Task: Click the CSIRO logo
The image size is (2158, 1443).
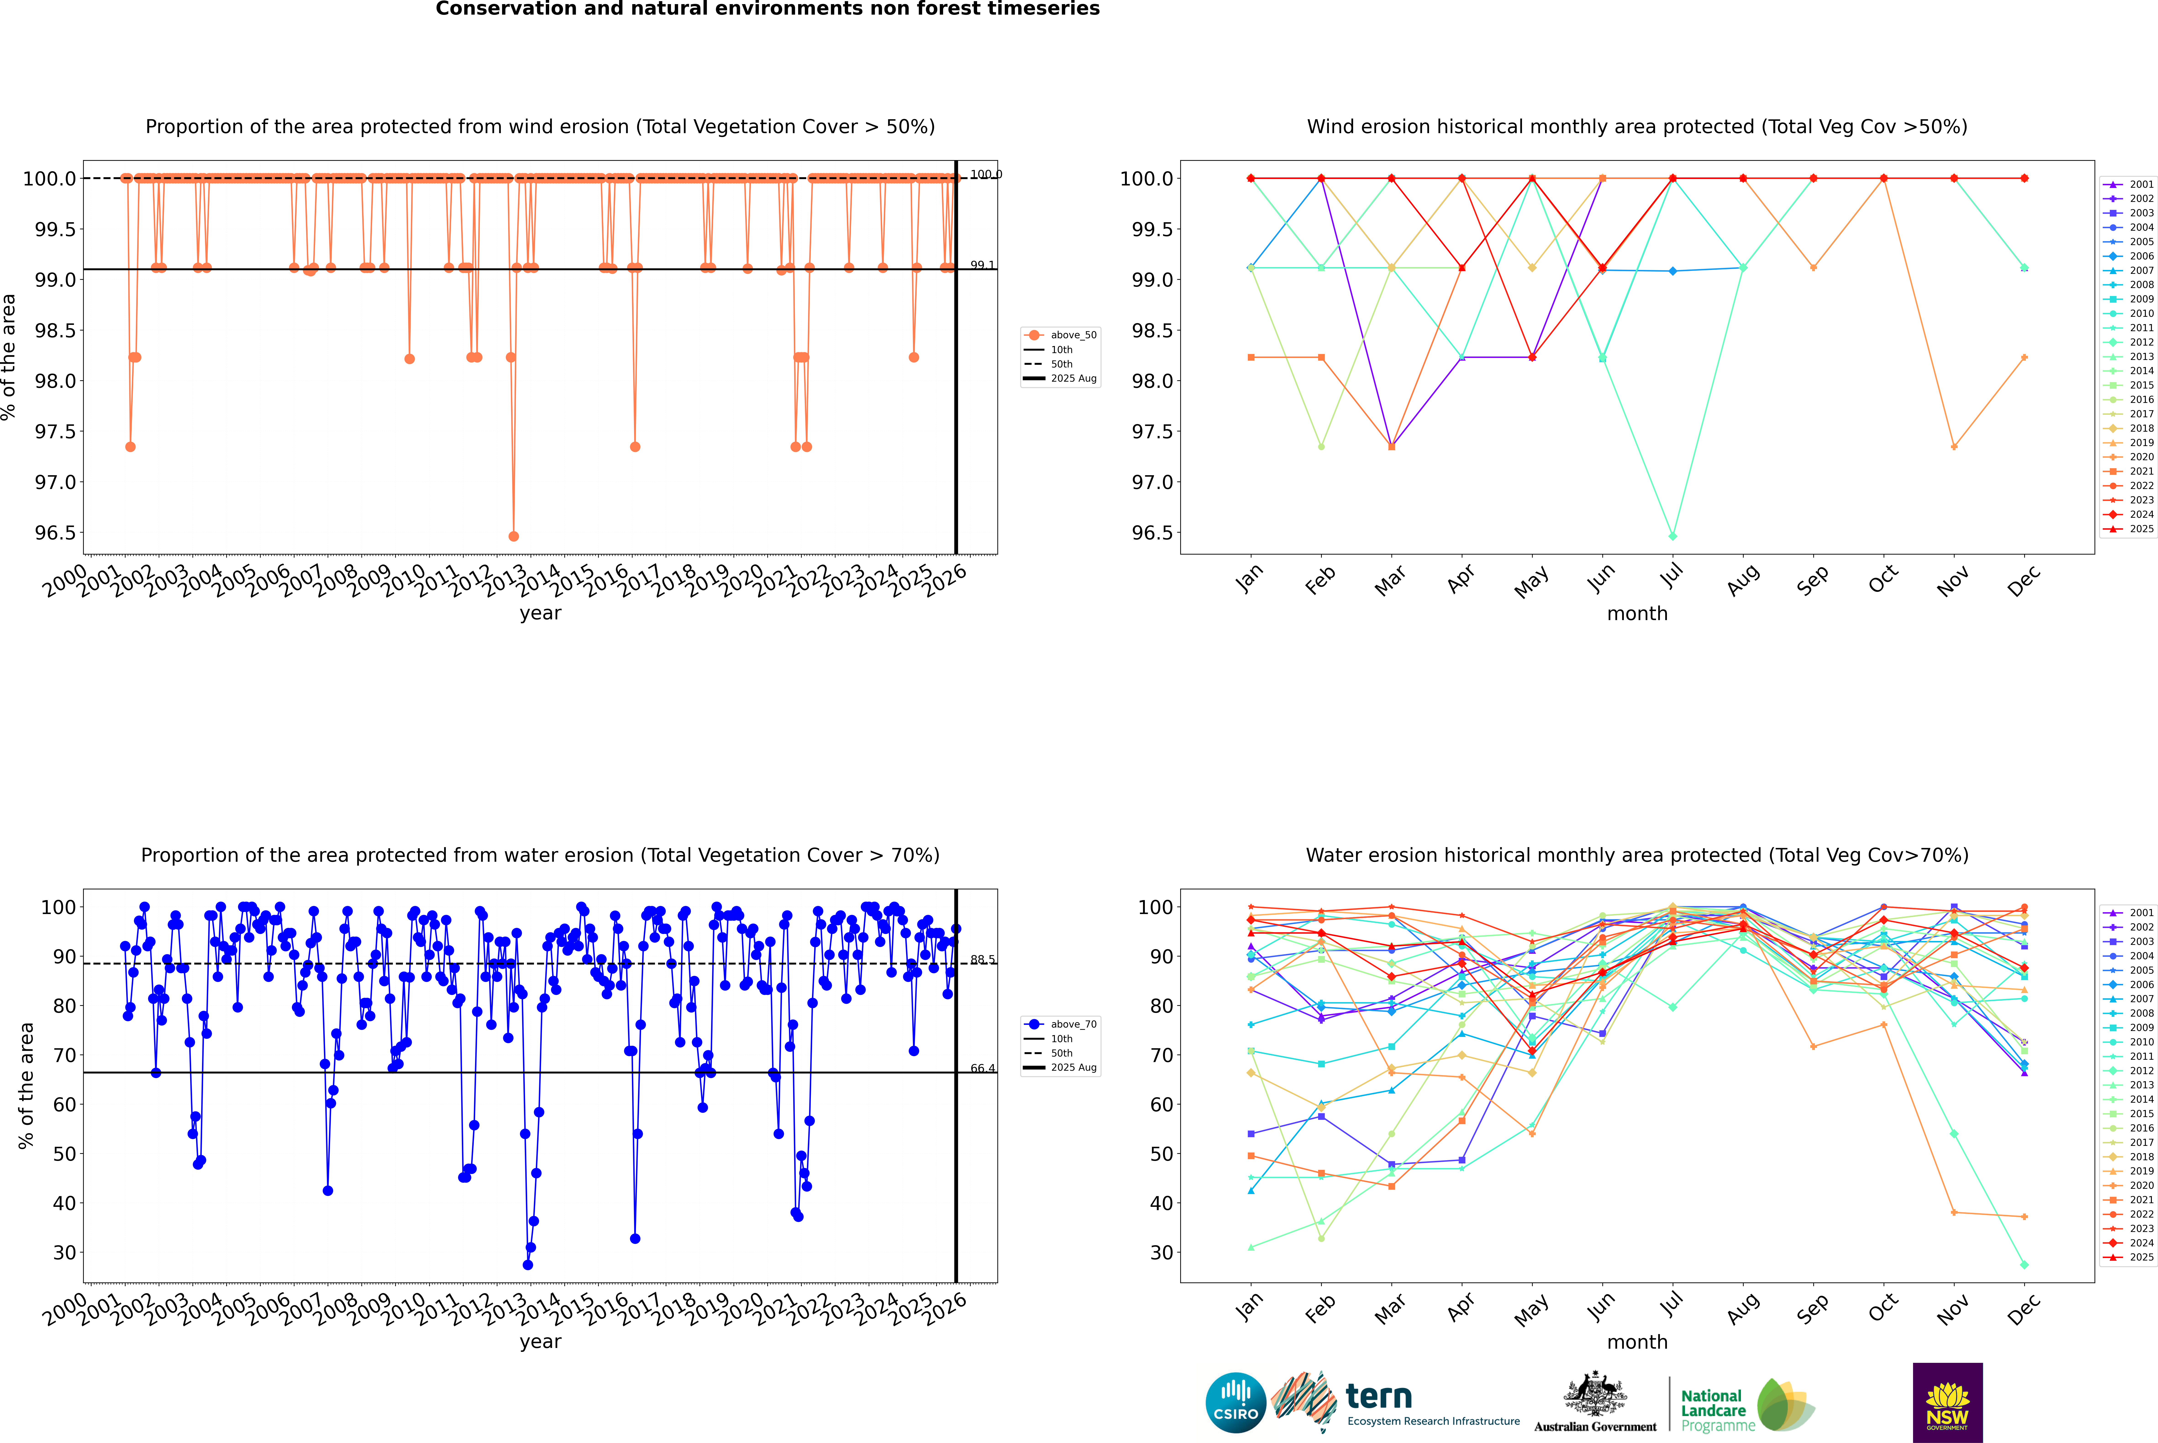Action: [1235, 1403]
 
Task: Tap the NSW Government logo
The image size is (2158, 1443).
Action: [1947, 1403]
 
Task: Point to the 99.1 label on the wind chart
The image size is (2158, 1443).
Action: [982, 265]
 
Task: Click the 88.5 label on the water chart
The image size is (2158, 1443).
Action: [982, 960]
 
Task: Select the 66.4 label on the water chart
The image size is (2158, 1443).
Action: [982, 1068]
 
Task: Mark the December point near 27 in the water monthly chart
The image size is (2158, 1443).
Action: [2024, 1264]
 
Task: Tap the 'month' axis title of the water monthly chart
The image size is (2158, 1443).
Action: [1636, 1342]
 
